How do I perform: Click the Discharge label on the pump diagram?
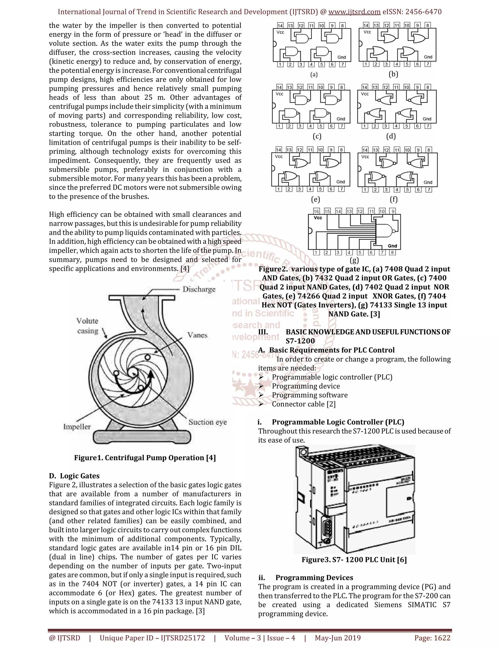199,289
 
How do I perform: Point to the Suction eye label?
208,422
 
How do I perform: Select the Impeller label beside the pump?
77,427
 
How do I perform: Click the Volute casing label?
87,326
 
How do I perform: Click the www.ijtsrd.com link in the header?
354,12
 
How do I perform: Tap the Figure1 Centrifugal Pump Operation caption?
145,458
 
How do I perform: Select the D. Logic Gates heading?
74,476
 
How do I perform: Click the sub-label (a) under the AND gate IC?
314,75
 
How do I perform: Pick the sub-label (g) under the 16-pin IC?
354,260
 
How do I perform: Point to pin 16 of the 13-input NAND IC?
316,211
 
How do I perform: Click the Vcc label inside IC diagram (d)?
365,94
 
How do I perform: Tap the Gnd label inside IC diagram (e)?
340,182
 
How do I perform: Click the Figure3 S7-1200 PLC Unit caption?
354,560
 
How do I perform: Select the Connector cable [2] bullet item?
304,404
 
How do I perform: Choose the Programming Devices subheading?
314,578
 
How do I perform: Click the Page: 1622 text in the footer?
432,638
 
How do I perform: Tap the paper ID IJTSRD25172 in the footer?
183,638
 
